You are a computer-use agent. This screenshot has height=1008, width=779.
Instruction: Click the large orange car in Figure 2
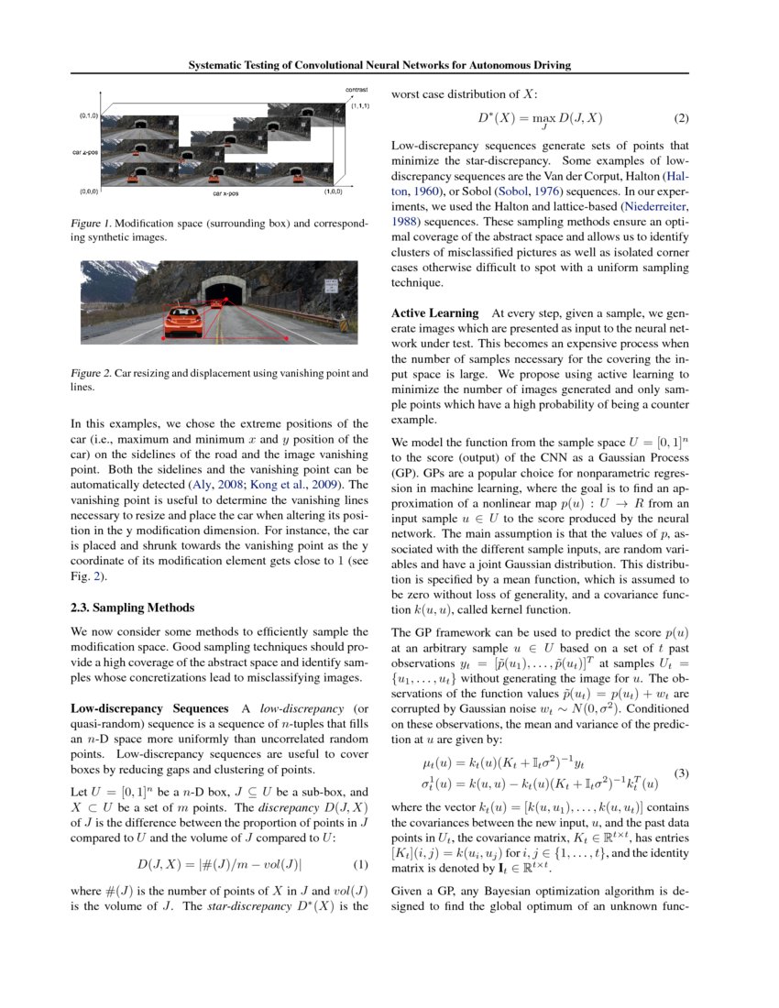182,323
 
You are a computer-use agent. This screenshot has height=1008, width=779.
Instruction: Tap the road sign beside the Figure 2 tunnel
327,286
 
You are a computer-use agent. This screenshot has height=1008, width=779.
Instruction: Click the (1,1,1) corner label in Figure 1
358,106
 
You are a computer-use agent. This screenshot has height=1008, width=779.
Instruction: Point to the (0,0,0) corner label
89,192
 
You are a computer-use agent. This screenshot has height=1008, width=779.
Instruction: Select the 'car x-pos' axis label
225,193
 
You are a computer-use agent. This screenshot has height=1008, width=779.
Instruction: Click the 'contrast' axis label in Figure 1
357,90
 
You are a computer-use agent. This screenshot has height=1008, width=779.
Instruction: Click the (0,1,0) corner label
89,116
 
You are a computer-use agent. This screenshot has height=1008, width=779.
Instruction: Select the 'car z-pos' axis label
86,152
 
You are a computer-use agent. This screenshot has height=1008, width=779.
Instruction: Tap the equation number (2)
681,118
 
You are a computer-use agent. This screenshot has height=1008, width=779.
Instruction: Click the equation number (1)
360,864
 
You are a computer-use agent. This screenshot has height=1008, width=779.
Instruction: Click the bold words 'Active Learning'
435,313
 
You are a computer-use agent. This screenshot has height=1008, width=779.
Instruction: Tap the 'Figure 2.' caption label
91,374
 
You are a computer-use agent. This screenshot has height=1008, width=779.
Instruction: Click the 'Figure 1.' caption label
91,224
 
